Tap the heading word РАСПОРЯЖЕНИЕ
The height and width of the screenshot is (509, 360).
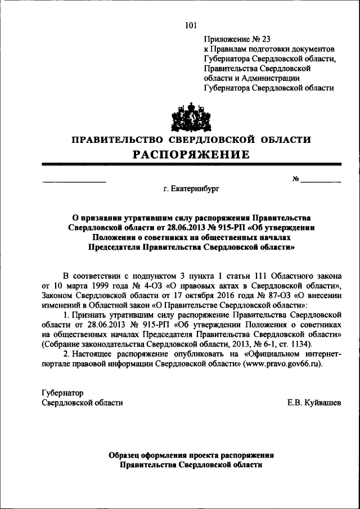[x=190, y=155]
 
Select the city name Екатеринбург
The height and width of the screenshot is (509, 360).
[x=192, y=190]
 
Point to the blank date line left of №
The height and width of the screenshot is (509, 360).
[x=74, y=181]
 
